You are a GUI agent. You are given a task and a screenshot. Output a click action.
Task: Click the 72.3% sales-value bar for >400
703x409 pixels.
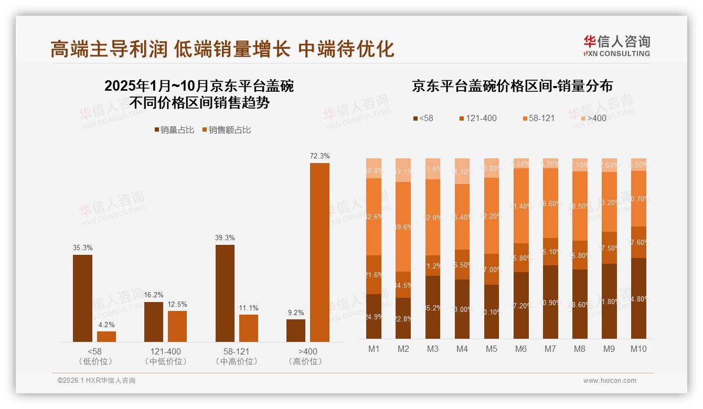319,252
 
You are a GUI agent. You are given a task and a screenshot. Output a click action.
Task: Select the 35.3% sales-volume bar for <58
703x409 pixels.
82,298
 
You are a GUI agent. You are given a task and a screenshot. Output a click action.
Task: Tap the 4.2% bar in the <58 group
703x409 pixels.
106,337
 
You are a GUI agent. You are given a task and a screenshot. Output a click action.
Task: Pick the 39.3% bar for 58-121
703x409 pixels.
225,293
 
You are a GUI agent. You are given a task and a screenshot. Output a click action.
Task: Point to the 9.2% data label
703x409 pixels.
296,313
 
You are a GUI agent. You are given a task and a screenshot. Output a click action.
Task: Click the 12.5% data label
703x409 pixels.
177,304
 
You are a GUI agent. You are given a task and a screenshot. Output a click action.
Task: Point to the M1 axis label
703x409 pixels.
374,349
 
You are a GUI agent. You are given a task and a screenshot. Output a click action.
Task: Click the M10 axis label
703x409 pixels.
638,349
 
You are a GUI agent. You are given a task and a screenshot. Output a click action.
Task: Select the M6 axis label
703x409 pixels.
520,349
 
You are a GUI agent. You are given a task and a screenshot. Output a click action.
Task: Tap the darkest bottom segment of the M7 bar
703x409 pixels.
550,302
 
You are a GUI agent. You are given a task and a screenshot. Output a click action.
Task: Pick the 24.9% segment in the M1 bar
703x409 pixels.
374,316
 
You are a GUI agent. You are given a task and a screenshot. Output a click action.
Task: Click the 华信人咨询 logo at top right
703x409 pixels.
616,46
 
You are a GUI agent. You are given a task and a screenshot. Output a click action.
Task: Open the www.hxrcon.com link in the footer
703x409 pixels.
610,381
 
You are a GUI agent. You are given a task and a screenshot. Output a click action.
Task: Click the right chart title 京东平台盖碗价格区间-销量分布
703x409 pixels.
512,86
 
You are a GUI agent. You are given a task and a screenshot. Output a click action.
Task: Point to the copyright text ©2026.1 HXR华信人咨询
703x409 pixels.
97,381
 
